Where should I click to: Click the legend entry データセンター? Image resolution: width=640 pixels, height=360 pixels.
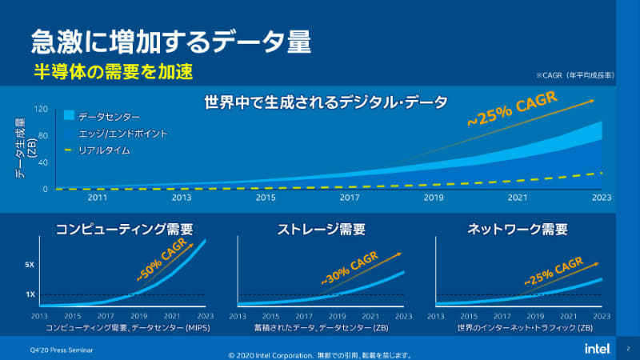pyautogui.click(x=109, y=116)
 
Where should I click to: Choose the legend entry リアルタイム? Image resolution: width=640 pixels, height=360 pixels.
pyautogui.click(x=104, y=150)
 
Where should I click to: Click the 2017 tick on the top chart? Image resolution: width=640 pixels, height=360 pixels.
pyautogui.click(x=350, y=197)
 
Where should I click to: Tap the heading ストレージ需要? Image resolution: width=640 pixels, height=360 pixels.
pyautogui.click(x=321, y=229)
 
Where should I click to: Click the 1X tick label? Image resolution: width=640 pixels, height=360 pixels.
pyautogui.click(x=30, y=294)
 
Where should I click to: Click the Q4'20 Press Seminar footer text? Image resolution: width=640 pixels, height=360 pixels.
pyautogui.click(x=54, y=349)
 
